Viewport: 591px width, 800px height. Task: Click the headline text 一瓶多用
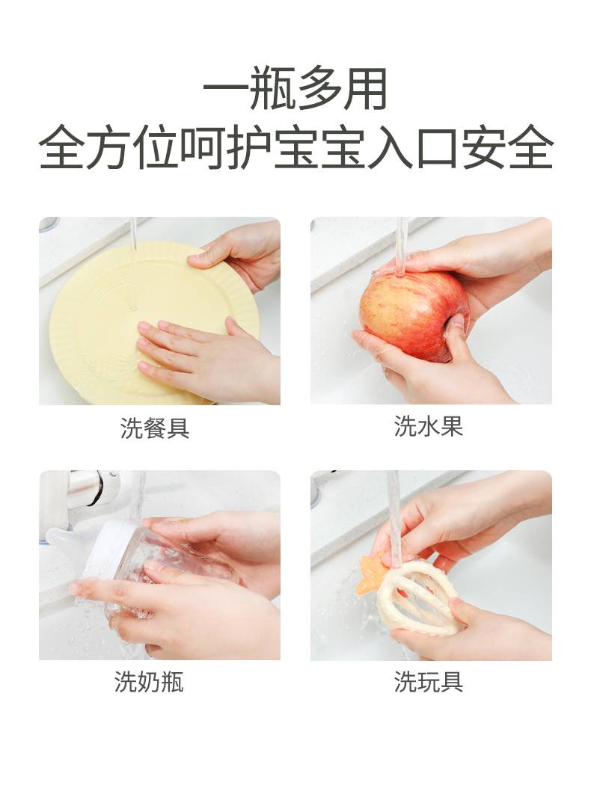(295, 89)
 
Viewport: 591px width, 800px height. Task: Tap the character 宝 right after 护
(296, 147)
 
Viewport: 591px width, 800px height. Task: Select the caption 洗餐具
(155, 428)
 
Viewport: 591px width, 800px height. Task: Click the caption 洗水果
(428, 426)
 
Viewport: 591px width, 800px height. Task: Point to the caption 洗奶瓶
(149, 682)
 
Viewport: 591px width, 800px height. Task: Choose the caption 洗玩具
(428, 682)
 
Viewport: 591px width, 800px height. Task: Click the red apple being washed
(414, 315)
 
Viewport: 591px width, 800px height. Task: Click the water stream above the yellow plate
(134, 262)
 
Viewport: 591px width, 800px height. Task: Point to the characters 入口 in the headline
(414, 147)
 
